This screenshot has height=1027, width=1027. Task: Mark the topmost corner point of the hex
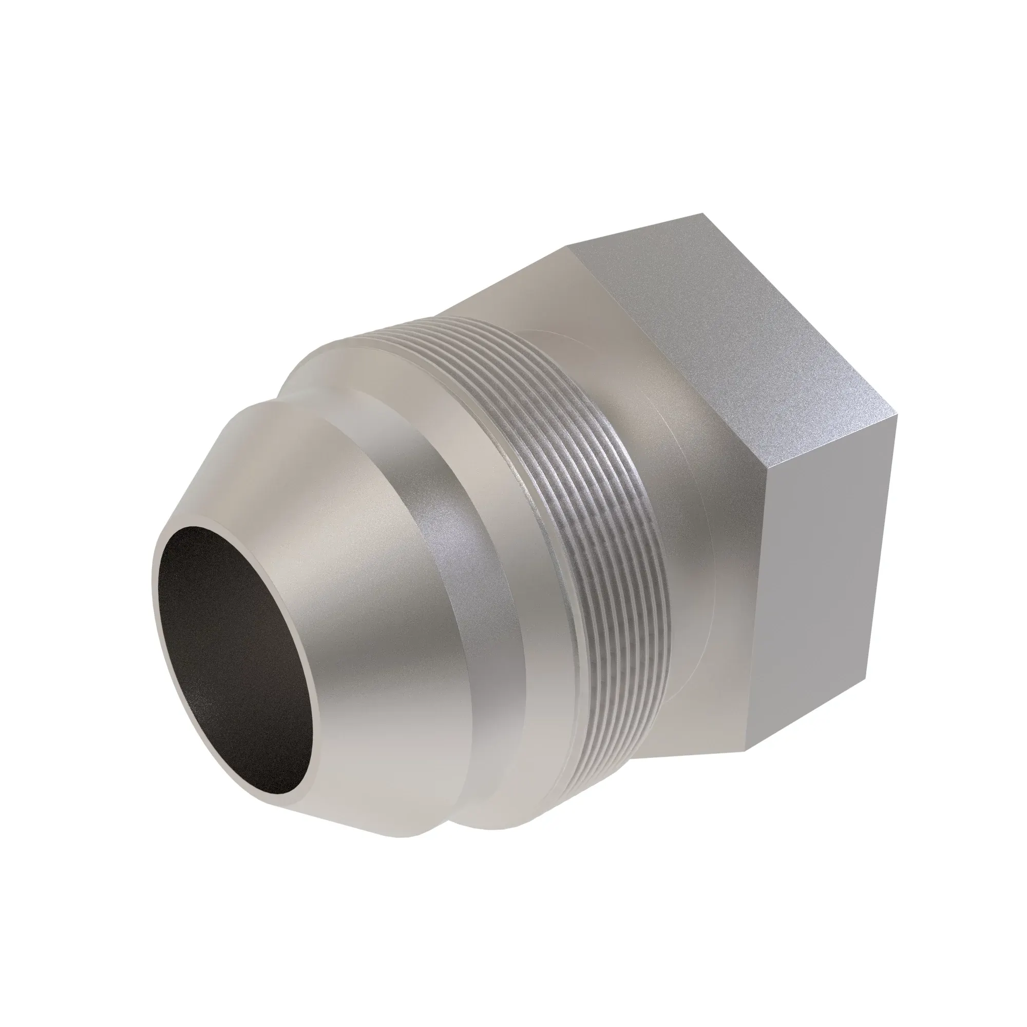703,213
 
